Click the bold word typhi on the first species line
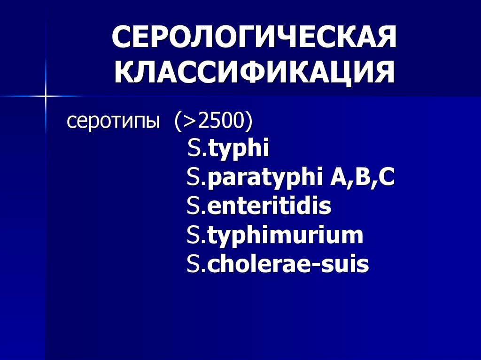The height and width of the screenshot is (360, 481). click(239, 150)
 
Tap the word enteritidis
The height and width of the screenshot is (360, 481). click(269, 207)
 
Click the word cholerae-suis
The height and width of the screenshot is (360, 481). click(288, 265)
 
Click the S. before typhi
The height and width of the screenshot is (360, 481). click(196, 149)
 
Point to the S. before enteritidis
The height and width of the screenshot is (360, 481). click(196, 207)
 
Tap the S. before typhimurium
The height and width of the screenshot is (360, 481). click(196, 236)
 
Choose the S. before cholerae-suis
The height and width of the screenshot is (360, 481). click(196, 265)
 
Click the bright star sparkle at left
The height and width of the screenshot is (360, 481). click(46, 96)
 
